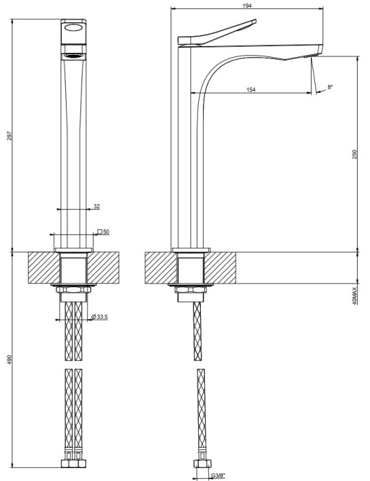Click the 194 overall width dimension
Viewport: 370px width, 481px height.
coord(247,5)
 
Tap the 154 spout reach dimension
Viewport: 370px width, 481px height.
coord(251,89)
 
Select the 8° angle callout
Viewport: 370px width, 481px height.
coord(330,87)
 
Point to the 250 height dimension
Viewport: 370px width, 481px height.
coord(354,155)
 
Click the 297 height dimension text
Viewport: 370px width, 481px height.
coord(9,136)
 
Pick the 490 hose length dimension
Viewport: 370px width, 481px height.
coord(9,359)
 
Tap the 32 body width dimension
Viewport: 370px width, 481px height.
coord(97,206)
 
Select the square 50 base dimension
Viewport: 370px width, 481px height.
coord(103,232)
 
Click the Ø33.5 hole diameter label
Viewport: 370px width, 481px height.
coord(100,317)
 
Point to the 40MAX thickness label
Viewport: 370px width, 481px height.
coord(355,296)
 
